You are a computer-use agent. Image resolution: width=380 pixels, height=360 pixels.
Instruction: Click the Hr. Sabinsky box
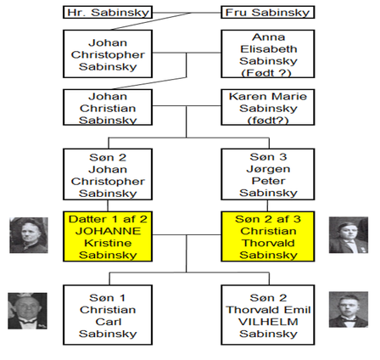pyautogui.click(x=108, y=13)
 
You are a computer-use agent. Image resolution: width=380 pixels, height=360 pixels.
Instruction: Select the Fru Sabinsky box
pyautogui.click(x=268, y=13)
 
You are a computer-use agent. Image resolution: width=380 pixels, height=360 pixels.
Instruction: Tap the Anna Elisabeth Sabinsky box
pyautogui.click(x=268, y=53)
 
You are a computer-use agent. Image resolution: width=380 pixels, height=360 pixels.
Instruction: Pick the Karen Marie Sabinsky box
pyautogui.click(x=268, y=107)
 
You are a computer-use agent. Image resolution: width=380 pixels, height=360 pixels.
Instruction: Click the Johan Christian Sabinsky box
pyautogui.click(x=108, y=107)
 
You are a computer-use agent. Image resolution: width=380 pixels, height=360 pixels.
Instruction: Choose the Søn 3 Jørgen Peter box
pyautogui.click(x=268, y=174)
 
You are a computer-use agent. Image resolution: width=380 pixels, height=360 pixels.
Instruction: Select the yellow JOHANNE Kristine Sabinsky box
pyautogui.click(x=108, y=236)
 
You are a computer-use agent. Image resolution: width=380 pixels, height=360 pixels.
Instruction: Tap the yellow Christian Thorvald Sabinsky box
pyautogui.click(x=268, y=236)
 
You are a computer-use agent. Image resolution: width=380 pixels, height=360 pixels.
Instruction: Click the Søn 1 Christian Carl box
pyautogui.click(x=108, y=315)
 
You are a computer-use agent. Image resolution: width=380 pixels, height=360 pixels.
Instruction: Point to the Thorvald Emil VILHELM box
pyautogui.click(x=268, y=315)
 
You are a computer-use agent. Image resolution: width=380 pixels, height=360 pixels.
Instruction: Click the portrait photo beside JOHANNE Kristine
pyautogui.click(x=29, y=235)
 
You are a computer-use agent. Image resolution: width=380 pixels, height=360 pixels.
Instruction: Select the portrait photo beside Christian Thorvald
pyautogui.click(x=349, y=235)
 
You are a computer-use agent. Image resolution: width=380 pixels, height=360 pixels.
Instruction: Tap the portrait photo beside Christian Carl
pyautogui.click(x=27, y=311)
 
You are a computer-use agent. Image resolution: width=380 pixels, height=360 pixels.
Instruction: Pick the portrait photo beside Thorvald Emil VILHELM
pyautogui.click(x=349, y=310)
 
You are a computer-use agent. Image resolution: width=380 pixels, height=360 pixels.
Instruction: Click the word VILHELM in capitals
pyautogui.click(x=268, y=322)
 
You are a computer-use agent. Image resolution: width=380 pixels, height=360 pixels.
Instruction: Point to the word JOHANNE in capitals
pyautogui.click(x=108, y=231)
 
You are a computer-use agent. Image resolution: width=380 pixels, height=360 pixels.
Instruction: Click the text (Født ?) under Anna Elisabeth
pyautogui.click(x=266, y=73)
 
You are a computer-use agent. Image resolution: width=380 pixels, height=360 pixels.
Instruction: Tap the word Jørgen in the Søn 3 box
pyautogui.click(x=268, y=169)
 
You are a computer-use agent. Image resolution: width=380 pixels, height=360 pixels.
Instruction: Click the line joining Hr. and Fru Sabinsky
pyautogui.click(x=187, y=13)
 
